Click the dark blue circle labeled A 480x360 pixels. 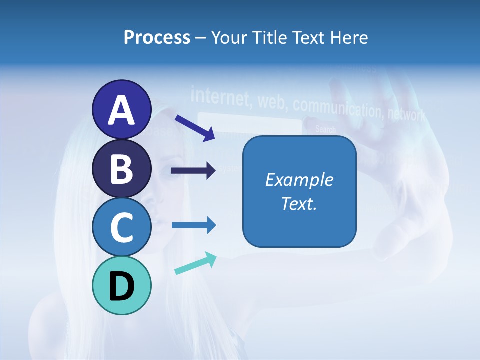click(121, 109)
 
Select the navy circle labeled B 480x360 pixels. click(121, 168)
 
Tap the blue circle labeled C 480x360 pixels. click(121, 227)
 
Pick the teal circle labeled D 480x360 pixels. click(121, 285)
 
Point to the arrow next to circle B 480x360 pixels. click(193, 170)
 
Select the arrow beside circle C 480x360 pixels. click(193, 225)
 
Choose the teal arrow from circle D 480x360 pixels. click(195, 263)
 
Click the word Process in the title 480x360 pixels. click(157, 37)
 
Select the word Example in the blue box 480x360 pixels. click(299, 180)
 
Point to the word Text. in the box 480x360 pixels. click(299, 203)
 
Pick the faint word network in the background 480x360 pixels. click(407, 115)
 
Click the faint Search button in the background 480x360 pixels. click(325, 130)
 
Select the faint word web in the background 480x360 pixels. click(272, 101)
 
